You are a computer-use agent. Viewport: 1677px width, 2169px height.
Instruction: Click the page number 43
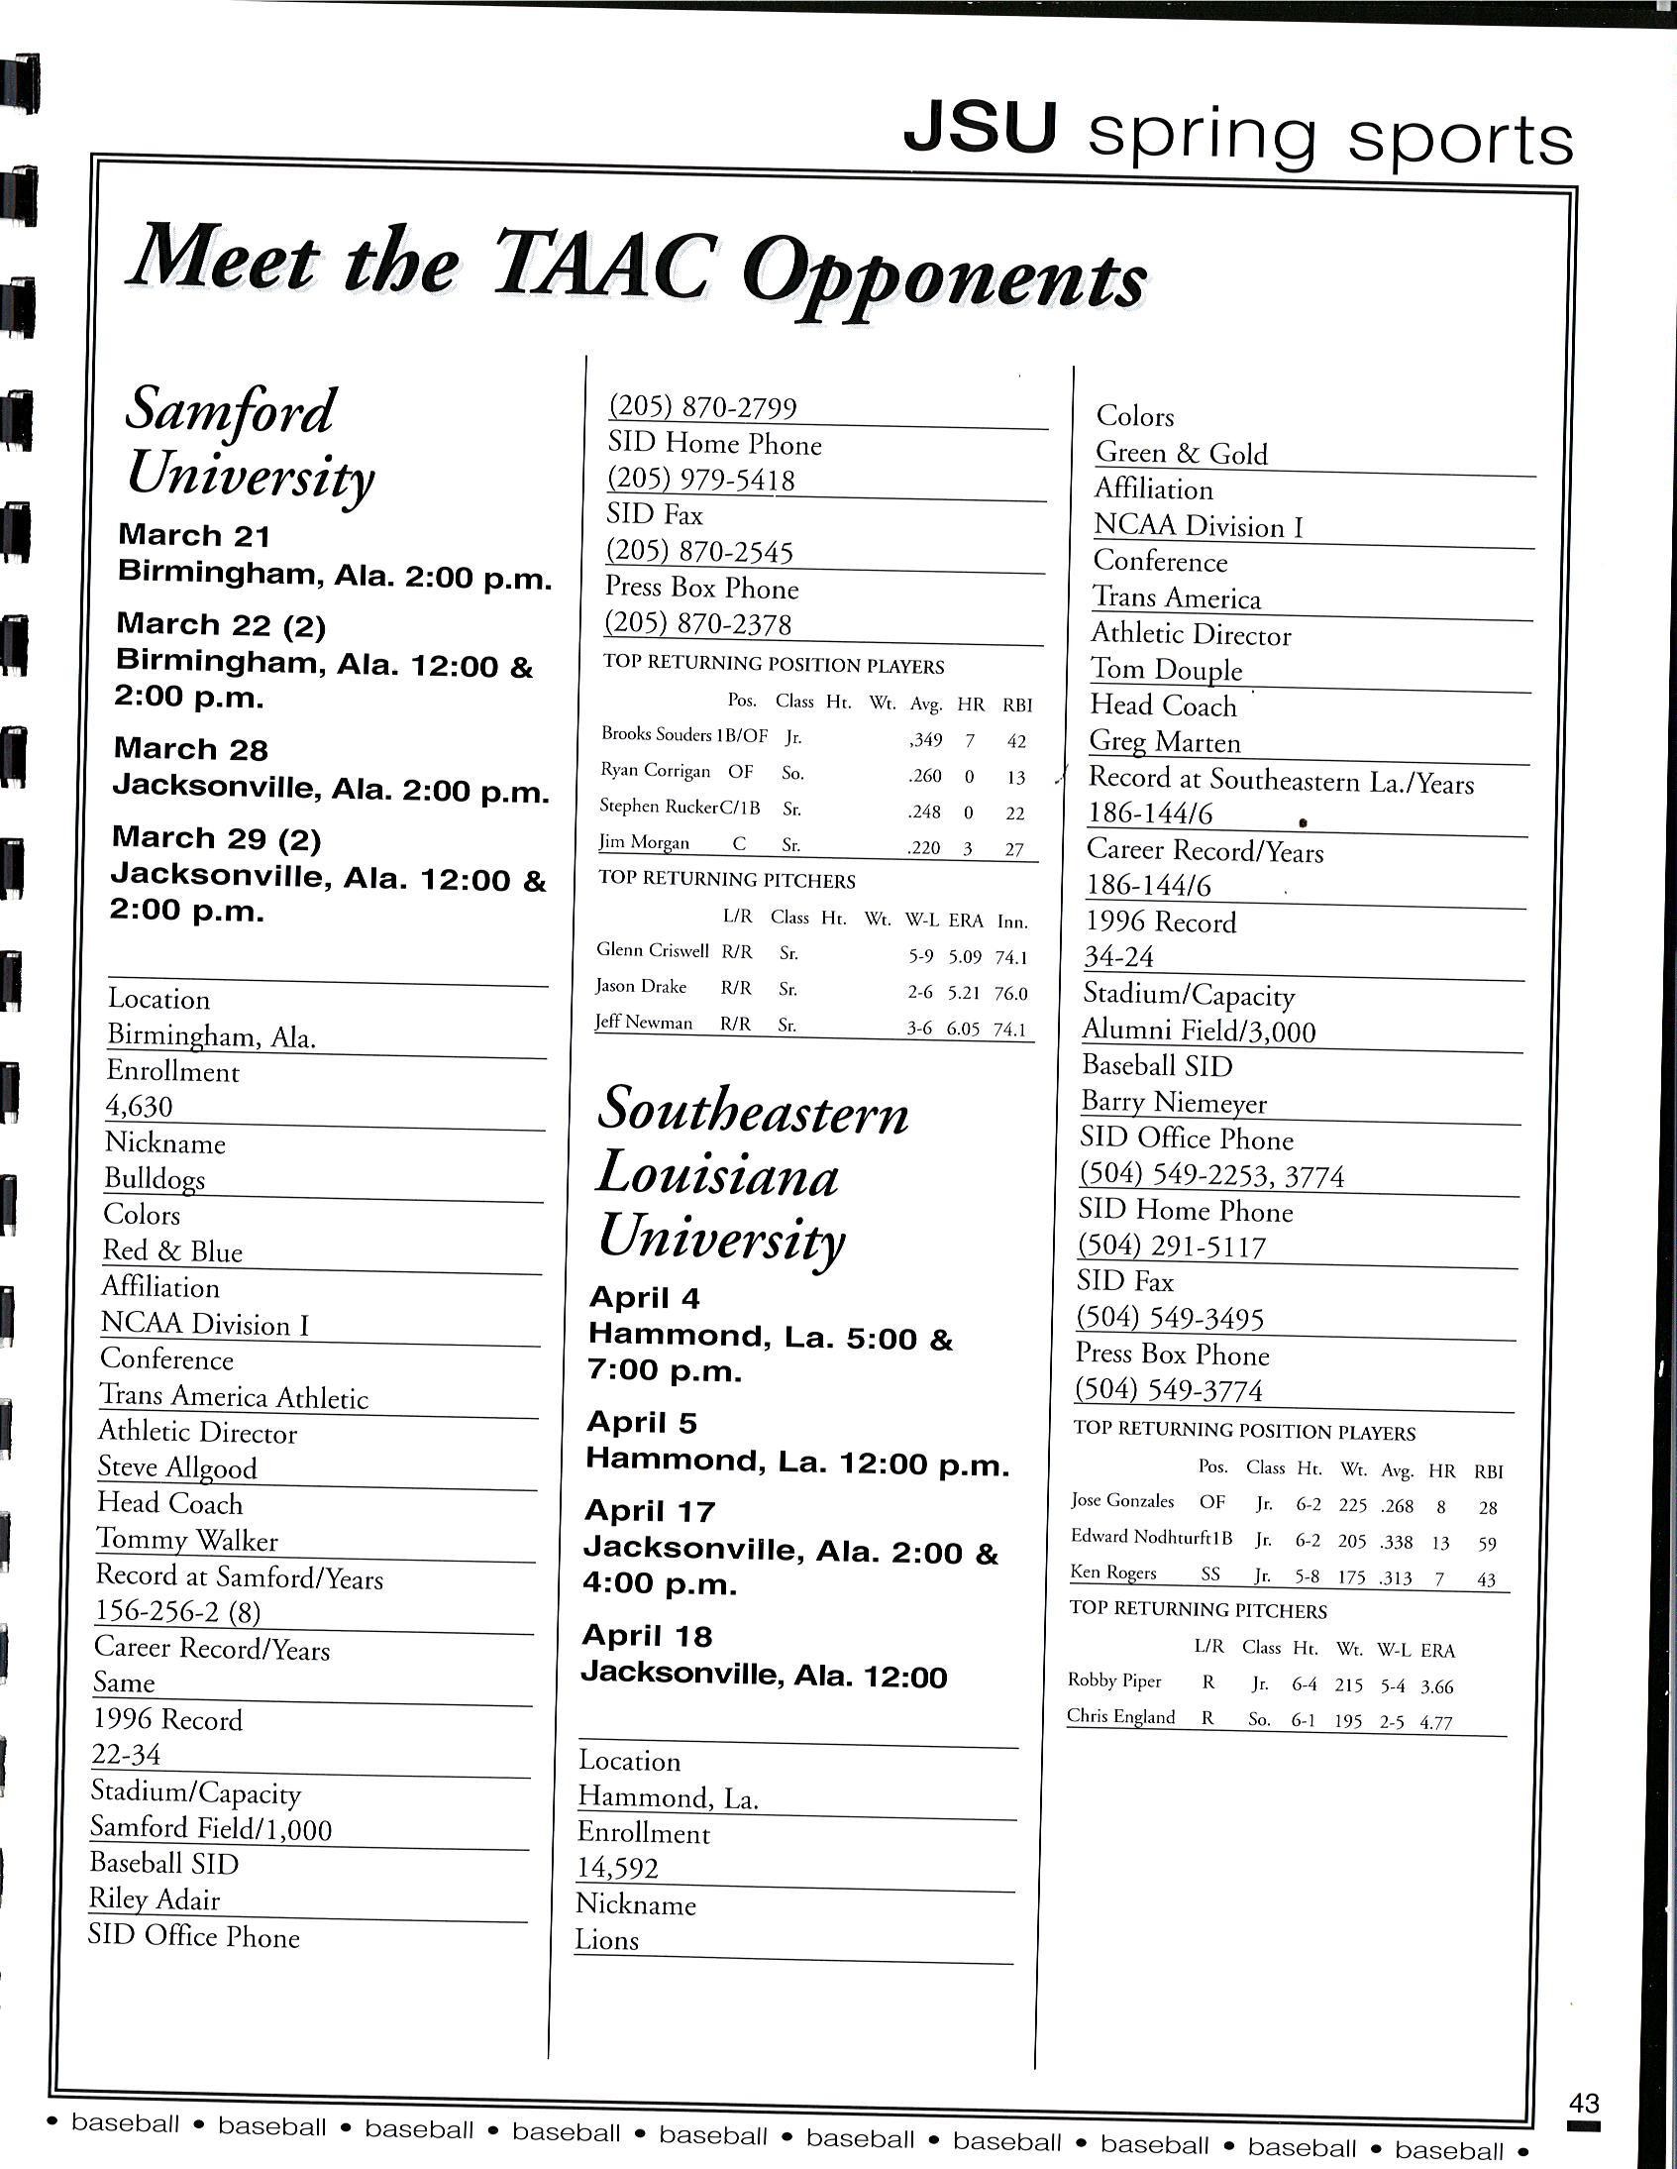click(1584, 2103)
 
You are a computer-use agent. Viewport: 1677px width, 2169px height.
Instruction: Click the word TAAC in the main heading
click(605, 266)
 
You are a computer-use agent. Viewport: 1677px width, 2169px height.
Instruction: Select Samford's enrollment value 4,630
click(139, 1107)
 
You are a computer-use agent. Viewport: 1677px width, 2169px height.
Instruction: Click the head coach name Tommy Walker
click(186, 1541)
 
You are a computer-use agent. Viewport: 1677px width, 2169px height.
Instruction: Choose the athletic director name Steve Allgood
click(176, 1467)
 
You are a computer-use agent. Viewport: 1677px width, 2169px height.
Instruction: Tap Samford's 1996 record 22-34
click(126, 1755)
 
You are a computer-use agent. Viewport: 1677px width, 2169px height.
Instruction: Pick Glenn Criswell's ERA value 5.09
click(964, 956)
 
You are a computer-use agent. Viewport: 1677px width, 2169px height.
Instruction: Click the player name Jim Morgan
click(644, 843)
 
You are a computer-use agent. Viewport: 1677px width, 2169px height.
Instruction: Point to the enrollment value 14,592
click(617, 1868)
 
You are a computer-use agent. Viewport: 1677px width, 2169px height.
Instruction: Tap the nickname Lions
click(606, 1940)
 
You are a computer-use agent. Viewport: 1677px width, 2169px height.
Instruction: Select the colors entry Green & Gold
click(1182, 454)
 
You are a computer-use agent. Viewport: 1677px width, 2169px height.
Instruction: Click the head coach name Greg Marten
click(1165, 742)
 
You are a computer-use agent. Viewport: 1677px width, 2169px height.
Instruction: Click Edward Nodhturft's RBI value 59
click(1487, 1544)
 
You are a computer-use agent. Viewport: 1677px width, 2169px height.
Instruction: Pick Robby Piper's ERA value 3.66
click(1436, 1686)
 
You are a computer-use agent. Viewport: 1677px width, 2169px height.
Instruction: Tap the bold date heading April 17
click(650, 1510)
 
